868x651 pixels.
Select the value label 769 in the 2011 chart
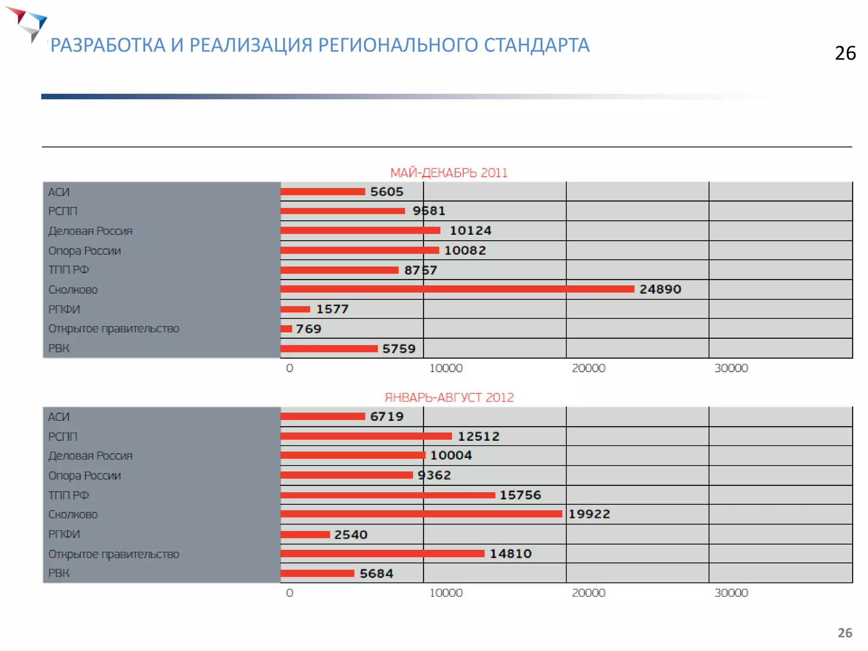308,329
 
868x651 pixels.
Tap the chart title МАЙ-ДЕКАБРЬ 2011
448,173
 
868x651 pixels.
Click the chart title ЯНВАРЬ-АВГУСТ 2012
449,398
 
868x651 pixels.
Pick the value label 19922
589,514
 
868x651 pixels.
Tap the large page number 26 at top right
845,53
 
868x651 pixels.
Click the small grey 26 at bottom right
845,633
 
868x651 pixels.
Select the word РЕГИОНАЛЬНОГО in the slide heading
398,45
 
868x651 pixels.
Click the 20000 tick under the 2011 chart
588,368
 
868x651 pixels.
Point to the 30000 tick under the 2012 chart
731,593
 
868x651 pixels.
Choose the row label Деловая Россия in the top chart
90,231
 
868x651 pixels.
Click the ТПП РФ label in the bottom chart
68,495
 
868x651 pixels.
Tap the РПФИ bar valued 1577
295,309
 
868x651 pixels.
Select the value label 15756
520,495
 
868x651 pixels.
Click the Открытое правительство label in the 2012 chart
114,554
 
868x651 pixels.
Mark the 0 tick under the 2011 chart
289,368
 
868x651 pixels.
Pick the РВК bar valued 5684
317,573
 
